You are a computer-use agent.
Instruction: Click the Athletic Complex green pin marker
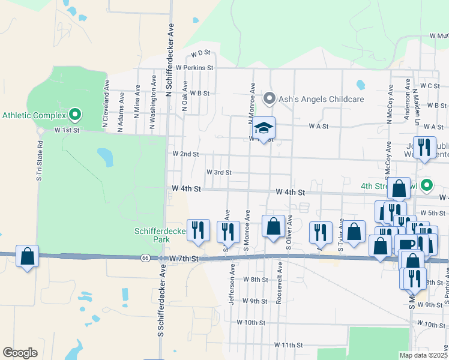[x=75, y=113]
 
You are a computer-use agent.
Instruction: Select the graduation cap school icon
[x=263, y=128]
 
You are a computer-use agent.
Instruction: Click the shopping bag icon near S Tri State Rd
[x=27, y=256]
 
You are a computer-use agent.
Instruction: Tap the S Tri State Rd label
[x=40, y=161]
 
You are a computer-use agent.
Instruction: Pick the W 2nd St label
[x=185, y=154]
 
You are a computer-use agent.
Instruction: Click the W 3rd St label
[x=219, y=172]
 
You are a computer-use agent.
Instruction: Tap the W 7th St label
[x=183, y=258]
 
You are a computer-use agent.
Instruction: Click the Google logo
[x=20, y=353]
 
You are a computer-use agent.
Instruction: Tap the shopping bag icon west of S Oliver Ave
[x=273, y=227]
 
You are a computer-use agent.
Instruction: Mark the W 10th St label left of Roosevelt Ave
[x=251, y=323]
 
